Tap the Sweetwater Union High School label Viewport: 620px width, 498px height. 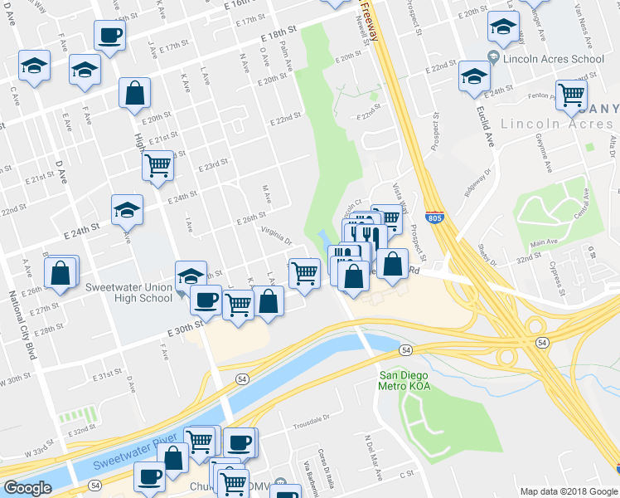point(129,292)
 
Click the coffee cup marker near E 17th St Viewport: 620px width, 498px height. point(109,35)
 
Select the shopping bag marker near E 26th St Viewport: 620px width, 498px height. point(61,272)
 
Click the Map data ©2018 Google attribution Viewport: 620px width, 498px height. point(569,491)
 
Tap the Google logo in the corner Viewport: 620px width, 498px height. point(27,488)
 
